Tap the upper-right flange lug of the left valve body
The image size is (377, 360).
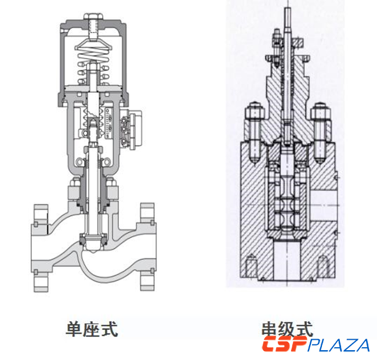pyautogui.click(x=147, y=213)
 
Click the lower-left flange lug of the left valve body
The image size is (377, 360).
pyautogui.click(x=42, y=281)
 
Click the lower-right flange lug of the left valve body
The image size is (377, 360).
pyautogui.click(x=147, y=281)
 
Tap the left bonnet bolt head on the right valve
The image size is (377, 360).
pyautogui.click(x=253, y=110)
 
